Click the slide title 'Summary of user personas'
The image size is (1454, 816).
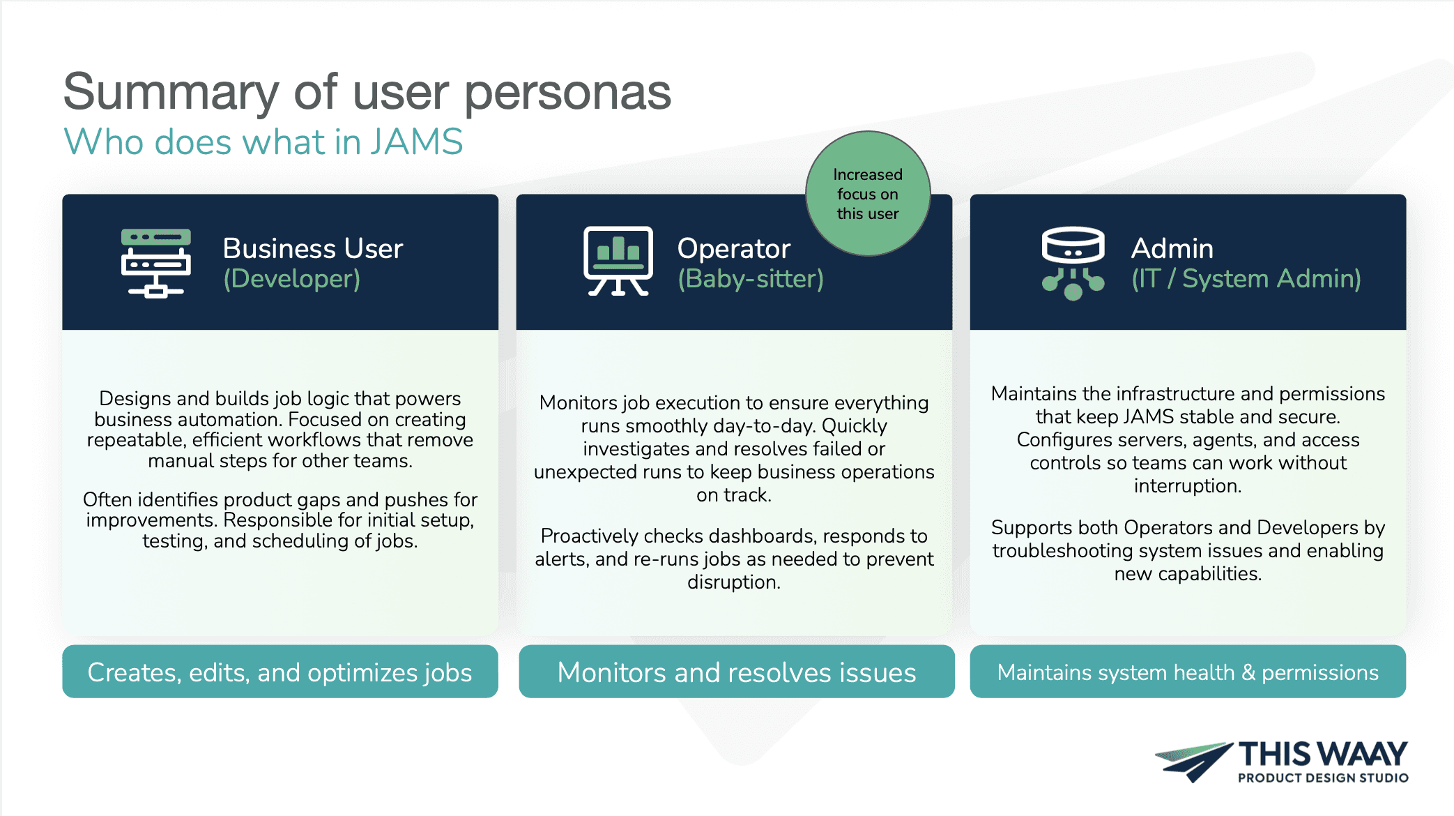(x=367, y=92)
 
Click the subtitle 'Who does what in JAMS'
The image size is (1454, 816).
(x=263, y=142)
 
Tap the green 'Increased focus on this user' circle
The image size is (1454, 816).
(x=867, y=194)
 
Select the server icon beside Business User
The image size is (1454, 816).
(x=155, y=263)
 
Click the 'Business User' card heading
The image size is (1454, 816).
(x=312, y=248)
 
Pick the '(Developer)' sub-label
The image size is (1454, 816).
(x=291, y=279)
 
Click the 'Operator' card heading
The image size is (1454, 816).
(x=733, y=248)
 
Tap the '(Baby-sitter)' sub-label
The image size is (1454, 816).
(x=750, y=279)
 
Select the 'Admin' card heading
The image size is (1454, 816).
(x=1172, y=248)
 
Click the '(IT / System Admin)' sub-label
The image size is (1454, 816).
(x=1246, y=279)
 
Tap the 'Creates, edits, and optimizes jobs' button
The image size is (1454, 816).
(x=280, y=672)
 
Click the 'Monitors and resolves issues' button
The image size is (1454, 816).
(x=736, y=672)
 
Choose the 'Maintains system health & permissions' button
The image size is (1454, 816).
(x=1187, y=672)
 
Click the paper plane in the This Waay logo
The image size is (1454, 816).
(x=1193, y=761)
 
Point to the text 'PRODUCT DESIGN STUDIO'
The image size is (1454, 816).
(x=1322, y=778)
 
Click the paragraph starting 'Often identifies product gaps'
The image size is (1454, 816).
(x=280, y=520)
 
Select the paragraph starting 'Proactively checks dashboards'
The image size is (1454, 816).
(x=734, y=558)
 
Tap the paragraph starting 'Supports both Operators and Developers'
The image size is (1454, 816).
(x=1187, y=550)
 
